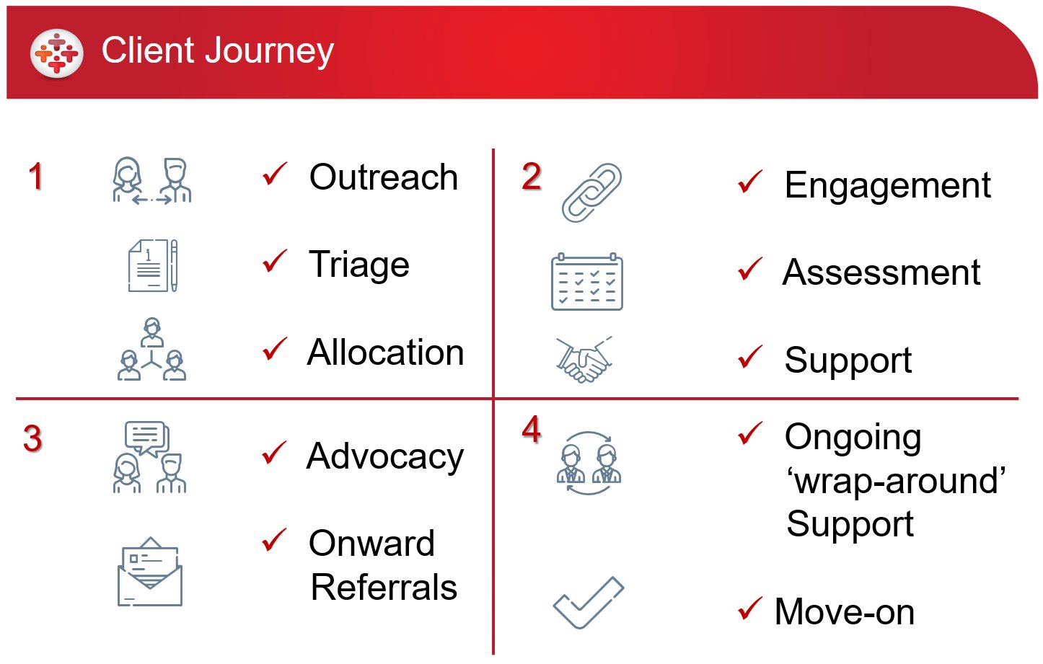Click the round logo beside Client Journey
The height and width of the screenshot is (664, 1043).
tap(57, 53)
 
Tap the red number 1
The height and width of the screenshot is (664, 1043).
tap(36, 177)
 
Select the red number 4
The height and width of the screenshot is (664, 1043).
tap(532, 429)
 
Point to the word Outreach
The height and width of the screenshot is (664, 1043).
tap(384, 177)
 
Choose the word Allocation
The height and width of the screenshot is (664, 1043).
tap(386, 353)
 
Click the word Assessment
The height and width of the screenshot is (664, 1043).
tap(881, 273)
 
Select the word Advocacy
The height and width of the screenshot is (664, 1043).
tap(385, 457)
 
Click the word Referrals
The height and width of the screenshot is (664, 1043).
tap(384, 588)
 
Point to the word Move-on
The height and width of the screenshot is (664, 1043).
tap(845, 612)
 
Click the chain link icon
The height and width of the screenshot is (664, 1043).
tap(591, 192)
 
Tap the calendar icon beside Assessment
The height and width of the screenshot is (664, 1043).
tap(586, 282)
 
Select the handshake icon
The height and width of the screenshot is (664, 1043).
tap(584, 360)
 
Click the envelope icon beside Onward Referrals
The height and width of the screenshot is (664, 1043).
tap(149, 572)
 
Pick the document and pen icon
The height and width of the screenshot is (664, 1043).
tap(153, 266)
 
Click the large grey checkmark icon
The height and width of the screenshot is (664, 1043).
tap(589, 603)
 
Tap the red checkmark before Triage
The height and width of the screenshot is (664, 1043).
tap(275, 260)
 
